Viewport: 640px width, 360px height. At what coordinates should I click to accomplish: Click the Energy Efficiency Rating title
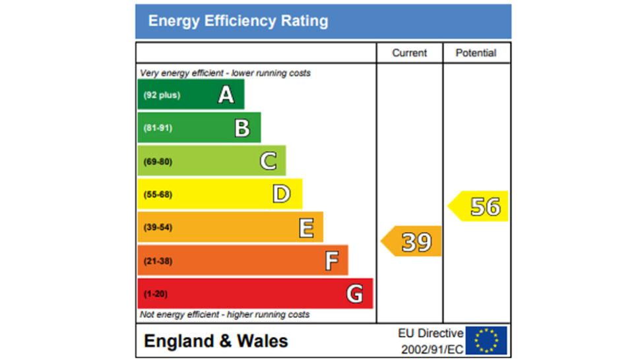(x=238, y=21)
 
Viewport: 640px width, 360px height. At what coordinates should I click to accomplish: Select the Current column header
(x=409, y=53)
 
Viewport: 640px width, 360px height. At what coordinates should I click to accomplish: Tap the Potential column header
(x=476, y=53)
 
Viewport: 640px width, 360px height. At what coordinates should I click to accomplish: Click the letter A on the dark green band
(x=226, y=96)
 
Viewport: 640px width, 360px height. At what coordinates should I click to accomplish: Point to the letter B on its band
(x=242, y=128)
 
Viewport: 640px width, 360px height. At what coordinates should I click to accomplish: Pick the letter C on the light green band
(x=268, y=161)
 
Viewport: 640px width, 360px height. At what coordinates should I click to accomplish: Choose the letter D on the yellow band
(x=282, y=194)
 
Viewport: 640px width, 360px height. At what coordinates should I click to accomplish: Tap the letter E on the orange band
(x=306, y=227)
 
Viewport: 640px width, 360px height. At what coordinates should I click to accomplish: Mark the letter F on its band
(x=331, y=261)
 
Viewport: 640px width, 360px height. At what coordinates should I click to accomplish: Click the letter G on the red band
(x=355, y=294)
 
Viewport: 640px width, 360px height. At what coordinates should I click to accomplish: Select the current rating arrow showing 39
(x=413, y=242)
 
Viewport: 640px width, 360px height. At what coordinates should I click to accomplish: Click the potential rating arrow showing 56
(x=480, y=206)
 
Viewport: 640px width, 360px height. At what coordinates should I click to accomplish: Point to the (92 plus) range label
(x=162, y=96)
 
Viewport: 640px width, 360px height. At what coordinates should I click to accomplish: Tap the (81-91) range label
(x=158, y=128)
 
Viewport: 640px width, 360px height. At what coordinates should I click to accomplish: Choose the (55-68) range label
(x=158, y=195)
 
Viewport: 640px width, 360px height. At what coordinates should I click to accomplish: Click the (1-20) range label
(x=155, y=294)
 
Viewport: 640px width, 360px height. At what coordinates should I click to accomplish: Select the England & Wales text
(x=216, y=341)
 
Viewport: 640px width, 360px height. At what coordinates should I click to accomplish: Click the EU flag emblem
(x=486, y=340)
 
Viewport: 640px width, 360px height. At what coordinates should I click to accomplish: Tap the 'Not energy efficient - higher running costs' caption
(x=224, y=315)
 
